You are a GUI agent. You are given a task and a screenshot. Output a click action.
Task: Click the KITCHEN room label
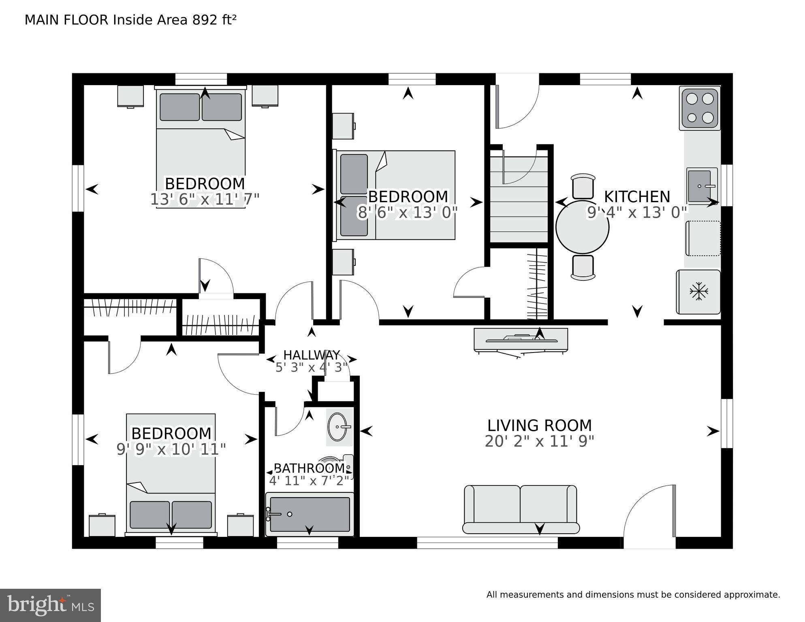[637, 197]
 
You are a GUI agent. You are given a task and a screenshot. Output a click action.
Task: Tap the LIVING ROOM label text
[539, 425]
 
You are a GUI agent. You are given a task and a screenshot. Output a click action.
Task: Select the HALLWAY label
[311, 355]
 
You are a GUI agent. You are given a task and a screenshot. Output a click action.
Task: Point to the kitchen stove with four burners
[700, 109]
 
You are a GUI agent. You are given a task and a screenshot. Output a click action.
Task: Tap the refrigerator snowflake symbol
[698, 291]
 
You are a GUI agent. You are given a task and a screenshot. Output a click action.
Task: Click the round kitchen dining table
[582, 227]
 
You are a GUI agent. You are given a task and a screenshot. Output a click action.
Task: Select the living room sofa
[521, 509]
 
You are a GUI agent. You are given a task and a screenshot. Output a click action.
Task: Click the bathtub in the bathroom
[310, 514]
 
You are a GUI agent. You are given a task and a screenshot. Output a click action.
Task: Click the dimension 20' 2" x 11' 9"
[539, 441]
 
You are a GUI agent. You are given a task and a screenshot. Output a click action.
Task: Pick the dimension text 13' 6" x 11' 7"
[205, 199]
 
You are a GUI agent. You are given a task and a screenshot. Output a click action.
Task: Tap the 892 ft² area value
[214, 20]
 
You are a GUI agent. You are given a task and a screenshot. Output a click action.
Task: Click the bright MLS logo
[50, 605]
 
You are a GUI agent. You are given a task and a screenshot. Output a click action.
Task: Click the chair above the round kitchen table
[583, 186]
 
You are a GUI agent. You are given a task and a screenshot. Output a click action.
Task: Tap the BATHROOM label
[310, 468]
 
